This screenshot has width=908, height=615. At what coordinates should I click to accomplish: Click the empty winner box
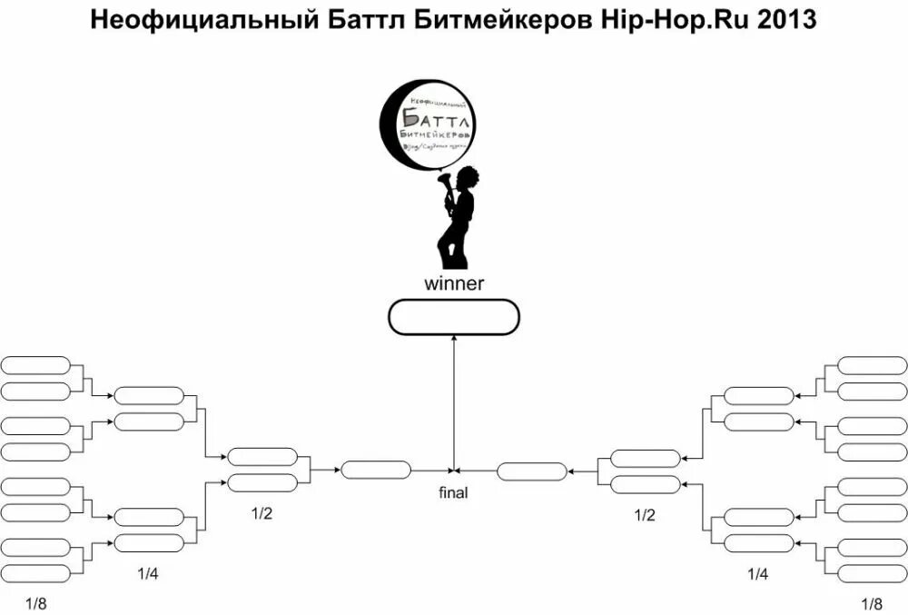point(453,317)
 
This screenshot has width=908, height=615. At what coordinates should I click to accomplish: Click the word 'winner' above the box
point(454,283)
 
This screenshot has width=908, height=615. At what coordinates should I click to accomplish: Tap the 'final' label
point(453,493)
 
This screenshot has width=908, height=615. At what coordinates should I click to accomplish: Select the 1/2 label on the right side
point(645,514)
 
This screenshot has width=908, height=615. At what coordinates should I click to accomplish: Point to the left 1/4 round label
point(148,573)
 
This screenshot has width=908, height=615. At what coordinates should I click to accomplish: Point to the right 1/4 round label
point(757,573)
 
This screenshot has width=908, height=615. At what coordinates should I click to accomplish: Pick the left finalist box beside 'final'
point(375,471)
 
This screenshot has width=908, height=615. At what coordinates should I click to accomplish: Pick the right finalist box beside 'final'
point(532,471)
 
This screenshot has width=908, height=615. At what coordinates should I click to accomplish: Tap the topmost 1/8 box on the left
point(35,365)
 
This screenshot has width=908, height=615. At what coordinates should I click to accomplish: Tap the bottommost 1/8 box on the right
point(871,573)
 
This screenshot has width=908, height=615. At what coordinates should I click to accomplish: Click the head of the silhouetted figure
point(468,176)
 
